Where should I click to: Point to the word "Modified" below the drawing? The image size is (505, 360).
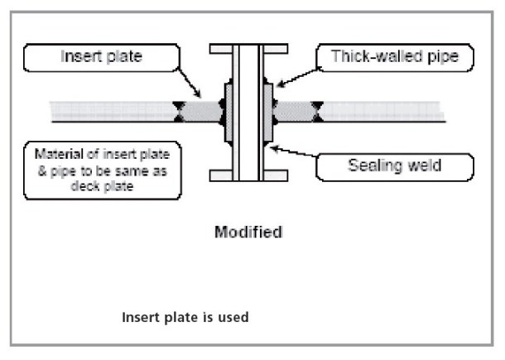248,232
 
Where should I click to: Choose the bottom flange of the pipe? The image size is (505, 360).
247,175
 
